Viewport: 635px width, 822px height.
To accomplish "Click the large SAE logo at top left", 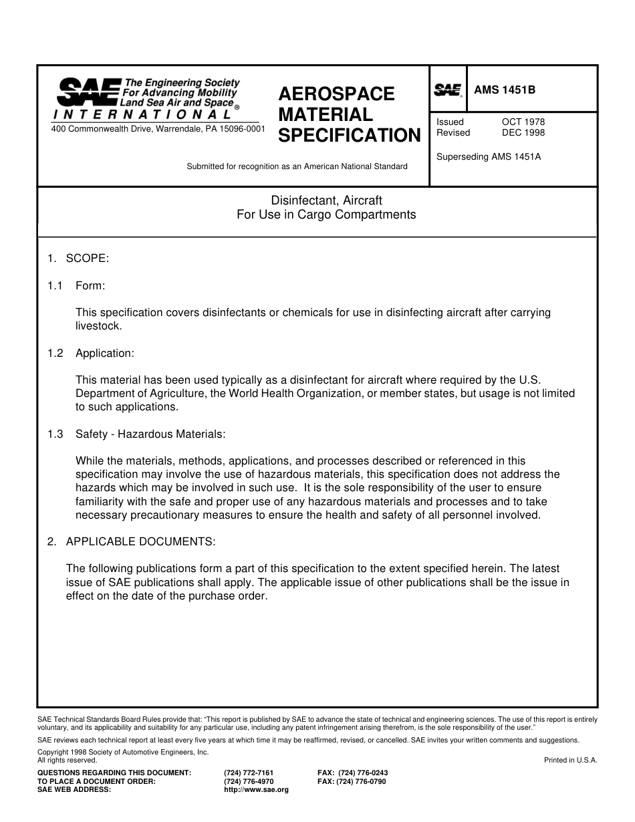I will click(87, 92).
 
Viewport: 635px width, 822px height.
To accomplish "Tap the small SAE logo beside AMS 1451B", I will click(448, 90).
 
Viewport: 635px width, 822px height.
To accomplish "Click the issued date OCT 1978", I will click(523, 122).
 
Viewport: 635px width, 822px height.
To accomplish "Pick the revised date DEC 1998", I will click(523, 132).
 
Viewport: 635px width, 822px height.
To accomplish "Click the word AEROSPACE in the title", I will click(336, 94).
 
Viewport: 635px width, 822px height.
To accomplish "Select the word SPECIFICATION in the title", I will click(349, 136).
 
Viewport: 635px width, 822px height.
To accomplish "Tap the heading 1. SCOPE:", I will click(78, 259).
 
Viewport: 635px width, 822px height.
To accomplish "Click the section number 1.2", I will click(55, 353).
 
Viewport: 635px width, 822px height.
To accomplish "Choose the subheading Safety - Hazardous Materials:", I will click(150, 434).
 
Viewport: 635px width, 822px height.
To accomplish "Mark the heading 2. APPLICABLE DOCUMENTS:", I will click(131, 541).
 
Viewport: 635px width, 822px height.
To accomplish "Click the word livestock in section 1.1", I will click(98, 326).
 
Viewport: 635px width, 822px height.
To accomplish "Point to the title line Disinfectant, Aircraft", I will click(326, 200).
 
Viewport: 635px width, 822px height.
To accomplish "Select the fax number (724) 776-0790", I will click(352, 781).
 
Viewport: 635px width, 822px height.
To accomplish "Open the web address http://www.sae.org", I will click(256, 789).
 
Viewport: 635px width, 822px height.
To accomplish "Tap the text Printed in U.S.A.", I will click(570, 760).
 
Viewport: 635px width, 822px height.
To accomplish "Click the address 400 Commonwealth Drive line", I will click(158, 128).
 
